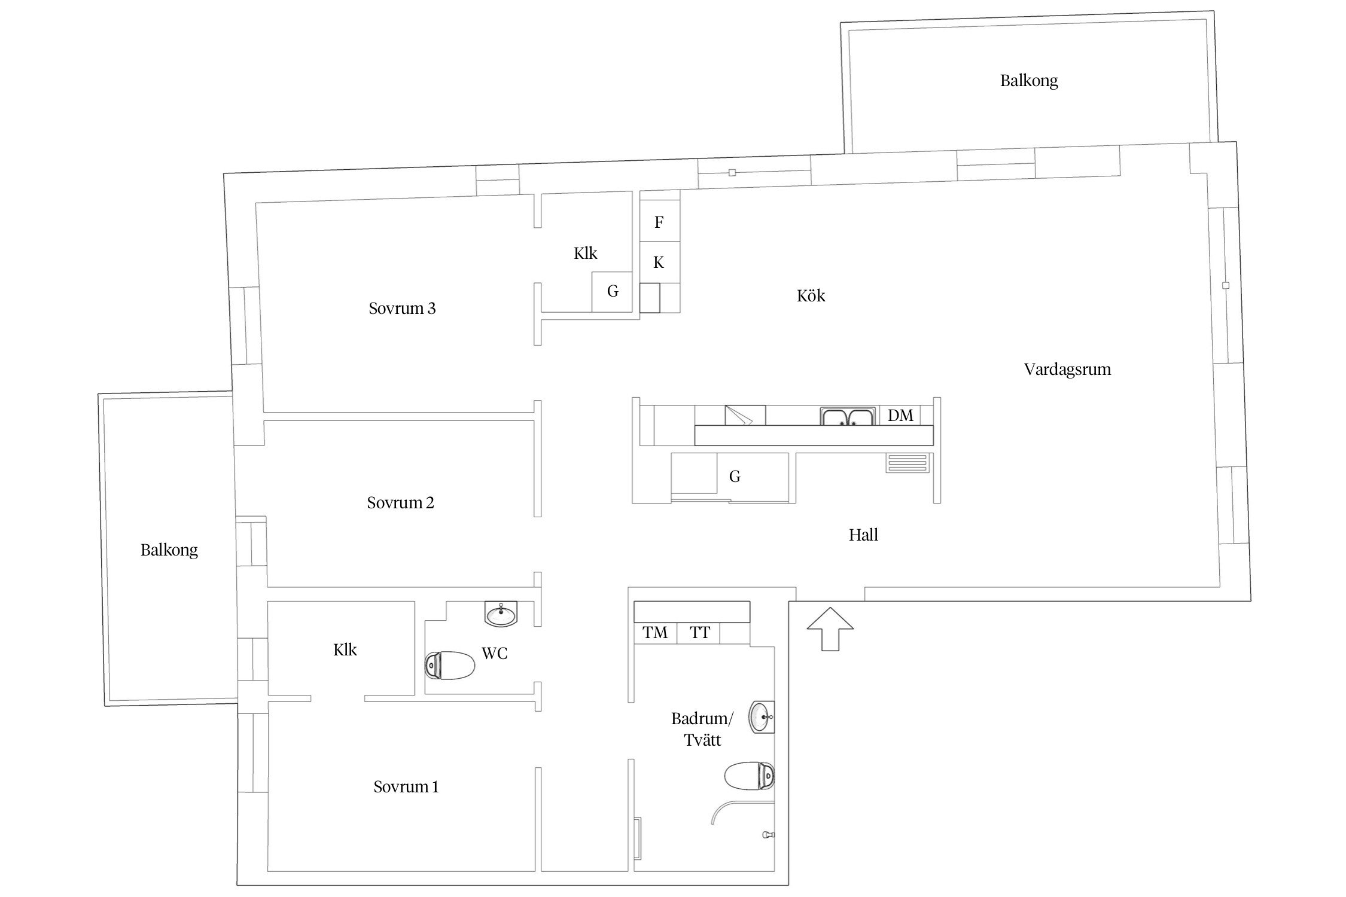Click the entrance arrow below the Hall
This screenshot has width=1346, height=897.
830,628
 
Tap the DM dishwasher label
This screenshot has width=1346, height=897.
900,416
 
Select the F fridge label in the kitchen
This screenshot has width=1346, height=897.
659,222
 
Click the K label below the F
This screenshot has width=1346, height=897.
659,262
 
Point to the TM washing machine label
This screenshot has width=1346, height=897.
655,633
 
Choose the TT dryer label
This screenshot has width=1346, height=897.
700,633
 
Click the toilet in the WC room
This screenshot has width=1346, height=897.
450,665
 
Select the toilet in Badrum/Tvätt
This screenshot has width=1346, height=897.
750,776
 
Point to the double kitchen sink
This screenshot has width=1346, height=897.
848,416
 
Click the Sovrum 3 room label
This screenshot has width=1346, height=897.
402,309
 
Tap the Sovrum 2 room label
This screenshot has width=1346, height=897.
400,503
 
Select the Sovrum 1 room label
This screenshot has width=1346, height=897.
406,787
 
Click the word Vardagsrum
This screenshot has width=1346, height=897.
1067,370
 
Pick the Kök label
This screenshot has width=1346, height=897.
811,295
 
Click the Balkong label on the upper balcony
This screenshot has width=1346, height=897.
1029,81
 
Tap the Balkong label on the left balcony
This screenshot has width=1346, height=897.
169,550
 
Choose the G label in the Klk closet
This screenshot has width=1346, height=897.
613,291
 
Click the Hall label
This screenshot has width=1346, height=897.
863,535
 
